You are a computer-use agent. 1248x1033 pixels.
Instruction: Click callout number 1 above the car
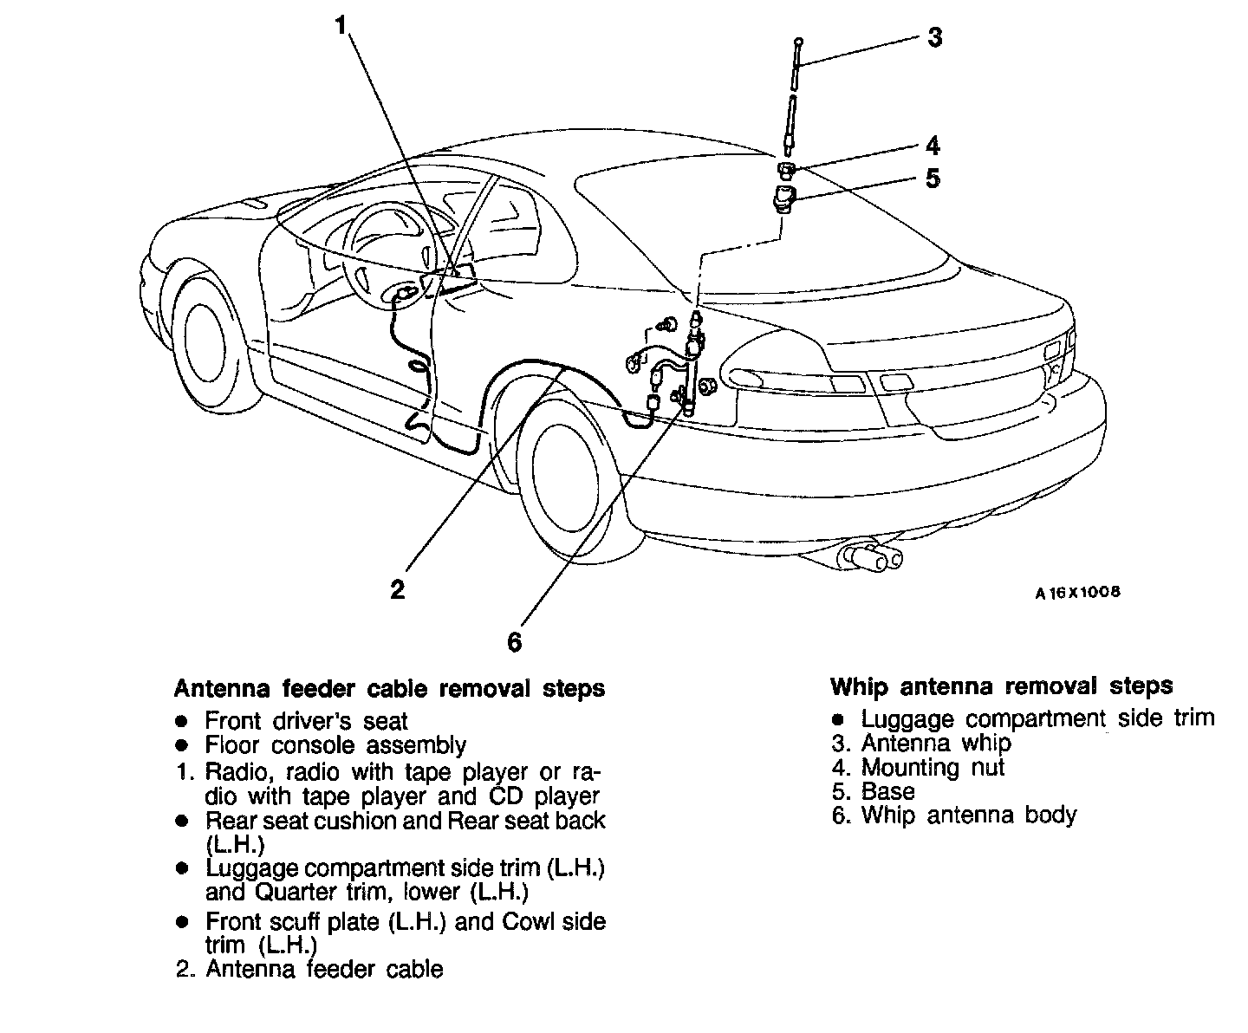point(343,27)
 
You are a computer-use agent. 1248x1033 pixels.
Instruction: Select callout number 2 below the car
point(397,590)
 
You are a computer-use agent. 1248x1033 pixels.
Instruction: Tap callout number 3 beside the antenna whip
point(934,37)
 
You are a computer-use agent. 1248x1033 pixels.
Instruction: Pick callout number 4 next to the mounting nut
point(933,145)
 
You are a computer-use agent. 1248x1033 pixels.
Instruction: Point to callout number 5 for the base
point(933,179)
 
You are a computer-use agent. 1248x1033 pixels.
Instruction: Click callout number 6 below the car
point(515,641)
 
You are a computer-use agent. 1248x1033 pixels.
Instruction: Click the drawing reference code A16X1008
point(1077,593)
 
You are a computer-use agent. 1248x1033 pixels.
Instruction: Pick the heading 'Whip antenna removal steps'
point(1001,686)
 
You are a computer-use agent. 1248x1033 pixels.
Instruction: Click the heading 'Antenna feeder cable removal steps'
point(389,689)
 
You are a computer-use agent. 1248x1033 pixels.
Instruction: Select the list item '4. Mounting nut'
point(919,767)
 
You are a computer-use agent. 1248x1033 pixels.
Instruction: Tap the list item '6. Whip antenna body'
point(954,815)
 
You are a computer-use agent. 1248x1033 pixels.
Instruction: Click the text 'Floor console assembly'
point(335,745)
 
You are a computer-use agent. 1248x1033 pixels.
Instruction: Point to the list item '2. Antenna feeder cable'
point(309,969)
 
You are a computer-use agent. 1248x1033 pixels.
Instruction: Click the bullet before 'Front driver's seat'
point(181,721)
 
